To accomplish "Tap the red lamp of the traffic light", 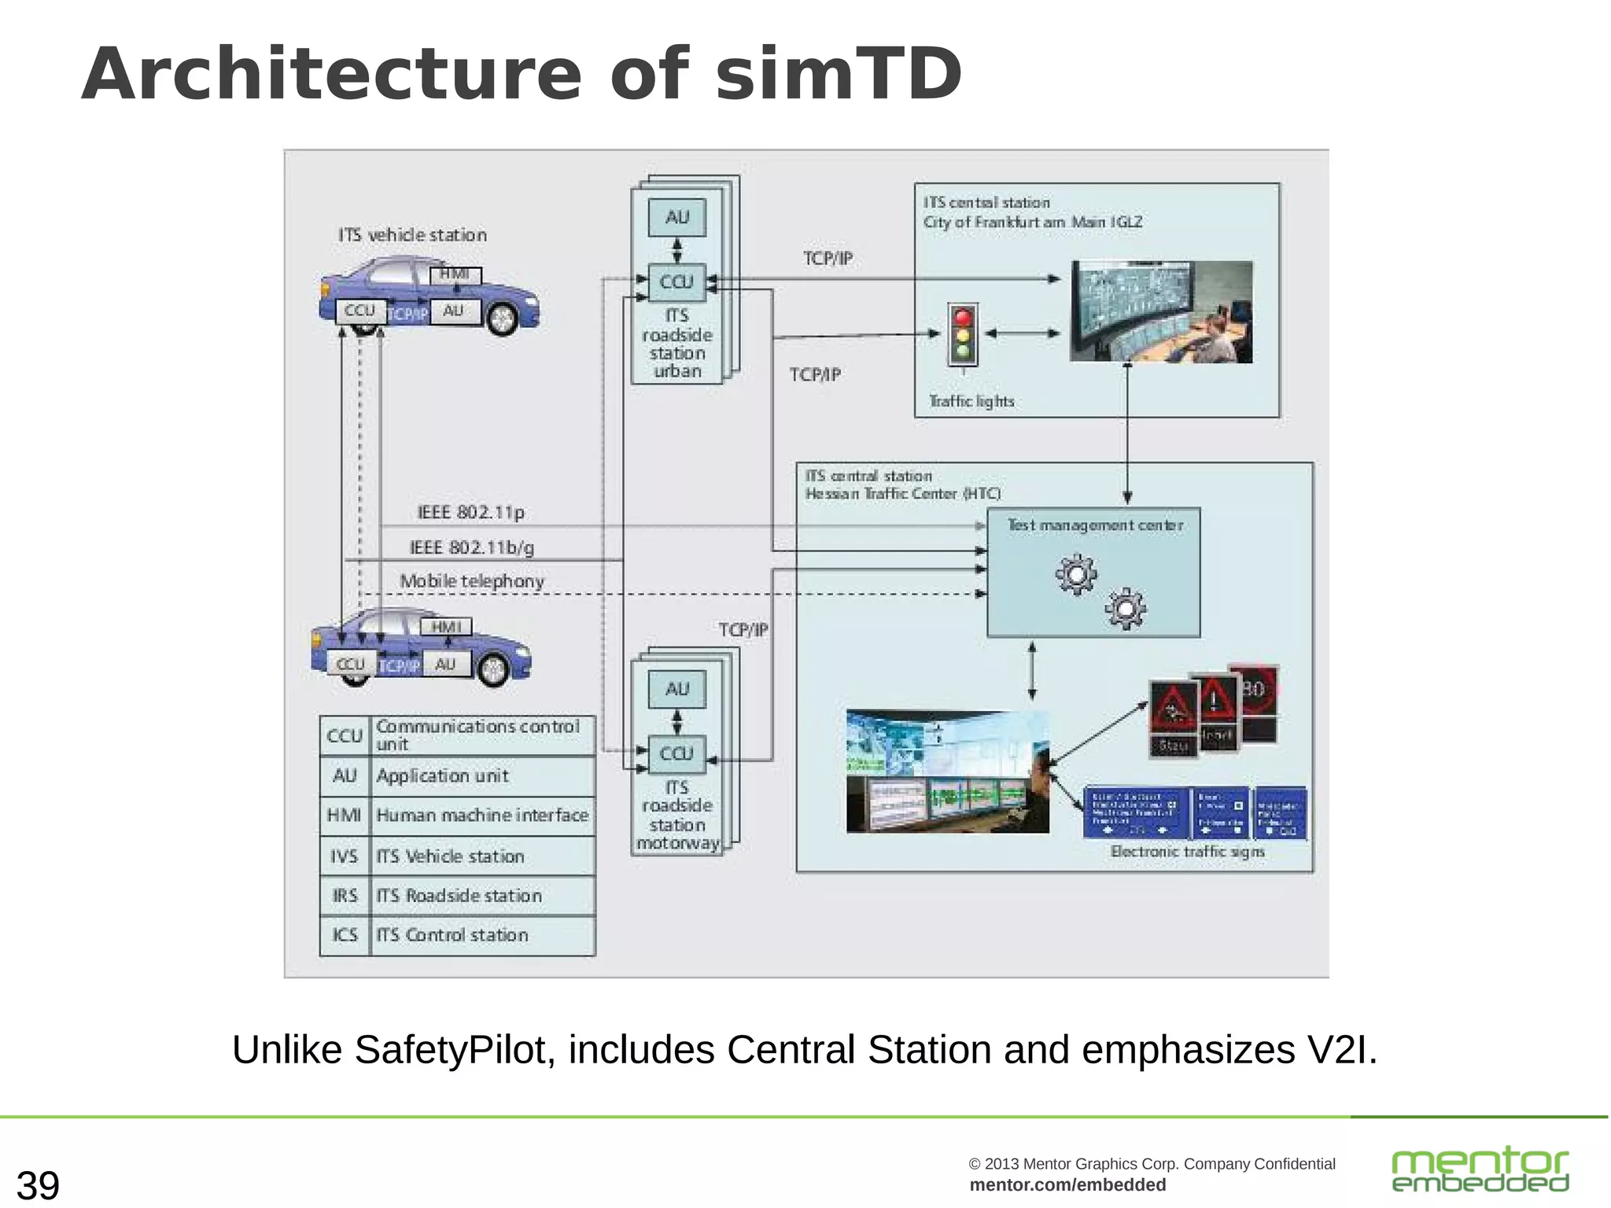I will pos(962,317).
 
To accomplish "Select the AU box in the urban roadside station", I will pos(676,217).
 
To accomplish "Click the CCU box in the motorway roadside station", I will pos(676,753).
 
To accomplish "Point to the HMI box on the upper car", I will pos(455,274).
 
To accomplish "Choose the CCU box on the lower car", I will pos(351,665).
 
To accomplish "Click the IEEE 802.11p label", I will pos(470,513).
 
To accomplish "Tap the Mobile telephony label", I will pos(472,581).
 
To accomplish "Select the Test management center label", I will pos(1095,525).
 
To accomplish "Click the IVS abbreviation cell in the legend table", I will pos(345,856).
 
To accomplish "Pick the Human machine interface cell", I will pos(481,816).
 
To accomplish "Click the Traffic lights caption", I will pos(971,401).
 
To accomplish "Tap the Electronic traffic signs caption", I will pos(1187,852).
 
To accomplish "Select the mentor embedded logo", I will pos(1480,1169).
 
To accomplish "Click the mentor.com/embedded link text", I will pos(1067,1185).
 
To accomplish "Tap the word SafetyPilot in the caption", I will pos(450,1050).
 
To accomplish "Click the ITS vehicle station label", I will pos(412,235).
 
